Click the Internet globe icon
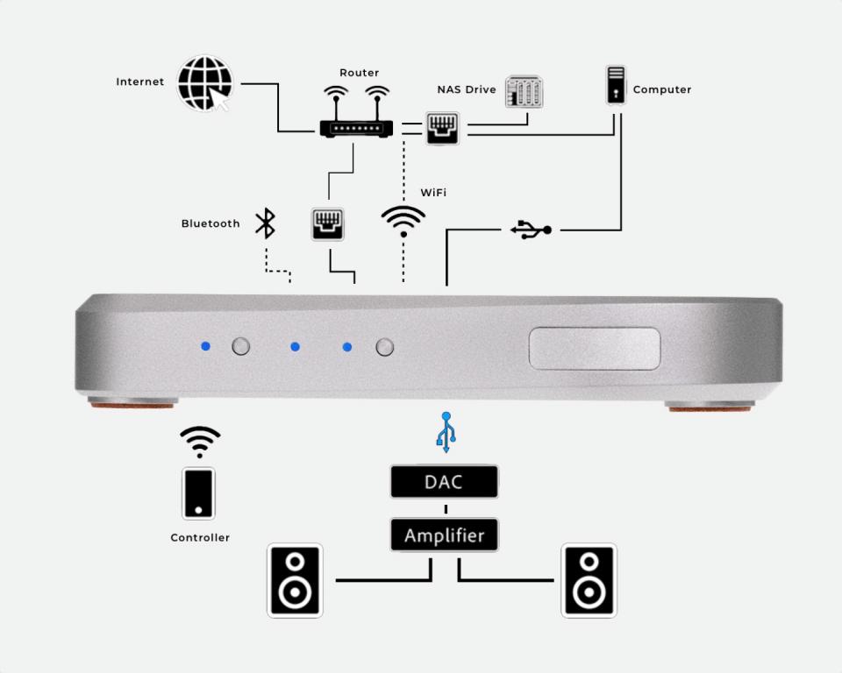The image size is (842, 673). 204,83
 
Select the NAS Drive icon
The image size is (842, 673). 524,91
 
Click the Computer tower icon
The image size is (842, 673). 617,85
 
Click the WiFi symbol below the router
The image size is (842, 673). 403,222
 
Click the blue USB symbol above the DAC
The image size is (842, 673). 446,431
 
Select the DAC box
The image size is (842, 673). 444,482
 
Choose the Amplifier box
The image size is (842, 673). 444,535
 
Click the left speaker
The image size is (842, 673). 295,580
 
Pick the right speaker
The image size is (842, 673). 589,580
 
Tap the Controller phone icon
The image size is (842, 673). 199,493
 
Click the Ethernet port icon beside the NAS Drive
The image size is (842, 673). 441,129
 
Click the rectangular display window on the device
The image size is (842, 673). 594,347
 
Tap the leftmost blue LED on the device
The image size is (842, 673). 205,346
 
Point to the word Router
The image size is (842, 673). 358,73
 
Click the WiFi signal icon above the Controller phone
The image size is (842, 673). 200,442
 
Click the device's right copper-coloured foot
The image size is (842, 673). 710,407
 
